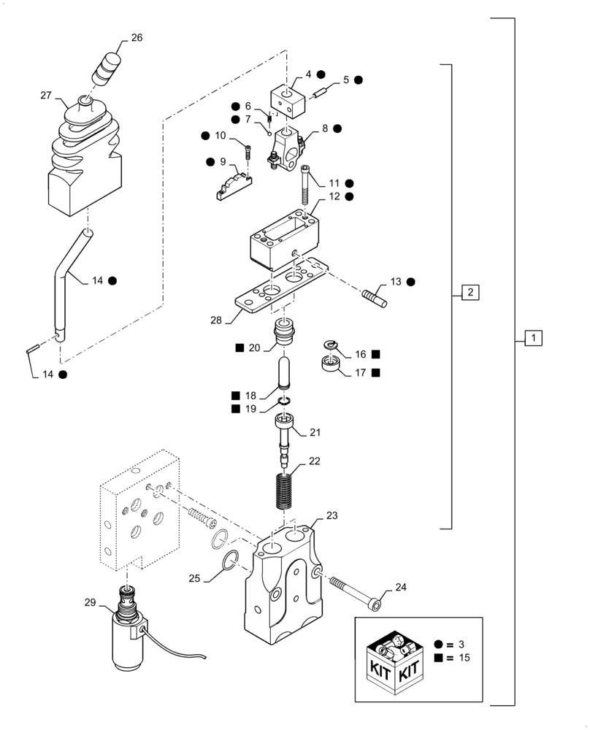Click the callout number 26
point(137,39)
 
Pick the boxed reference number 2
point(470,293)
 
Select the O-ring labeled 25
point(228,561)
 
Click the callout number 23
point(332,515)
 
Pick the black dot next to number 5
point(359,80)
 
